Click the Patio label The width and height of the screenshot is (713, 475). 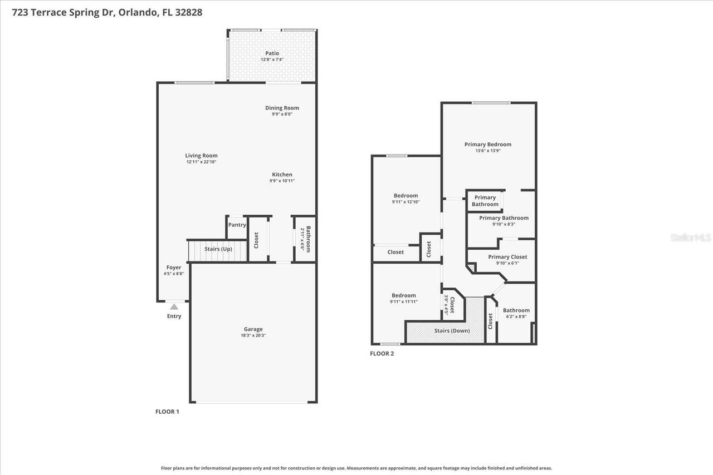(x=272, y=53)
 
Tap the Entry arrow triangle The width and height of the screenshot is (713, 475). (x=174, y=306)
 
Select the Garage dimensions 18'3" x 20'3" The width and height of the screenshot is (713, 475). (x=253, y=335)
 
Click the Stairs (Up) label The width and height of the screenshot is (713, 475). (x=218, y=249)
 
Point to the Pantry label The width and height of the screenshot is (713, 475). (x=237, y=225)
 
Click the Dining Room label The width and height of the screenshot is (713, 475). (x=282, y=108)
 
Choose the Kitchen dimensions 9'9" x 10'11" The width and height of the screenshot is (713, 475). (x=282, y=181)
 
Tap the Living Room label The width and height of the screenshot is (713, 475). (x=201, y=156)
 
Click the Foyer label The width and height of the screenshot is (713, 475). (x=174, y=268)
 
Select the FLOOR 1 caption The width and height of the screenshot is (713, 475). (x=167, y=412)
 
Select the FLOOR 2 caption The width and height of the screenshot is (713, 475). (x=382, y=354)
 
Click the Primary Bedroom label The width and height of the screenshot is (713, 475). (x=487, y=145)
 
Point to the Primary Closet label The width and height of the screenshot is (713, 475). (x=507, y=257)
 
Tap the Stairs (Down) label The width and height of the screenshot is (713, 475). (x=452, y=331)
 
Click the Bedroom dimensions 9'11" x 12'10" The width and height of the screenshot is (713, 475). (x=406, y=202)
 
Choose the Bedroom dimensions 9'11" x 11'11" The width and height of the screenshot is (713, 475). (x=403, y=301)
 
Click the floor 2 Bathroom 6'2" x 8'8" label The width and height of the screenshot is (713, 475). (x=516, y=310)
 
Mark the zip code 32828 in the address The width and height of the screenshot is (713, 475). (x=188, y=12)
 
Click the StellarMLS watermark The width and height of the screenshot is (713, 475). (x=691, y=237)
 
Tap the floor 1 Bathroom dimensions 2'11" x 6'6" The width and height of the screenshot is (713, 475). (x=303, y=239)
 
